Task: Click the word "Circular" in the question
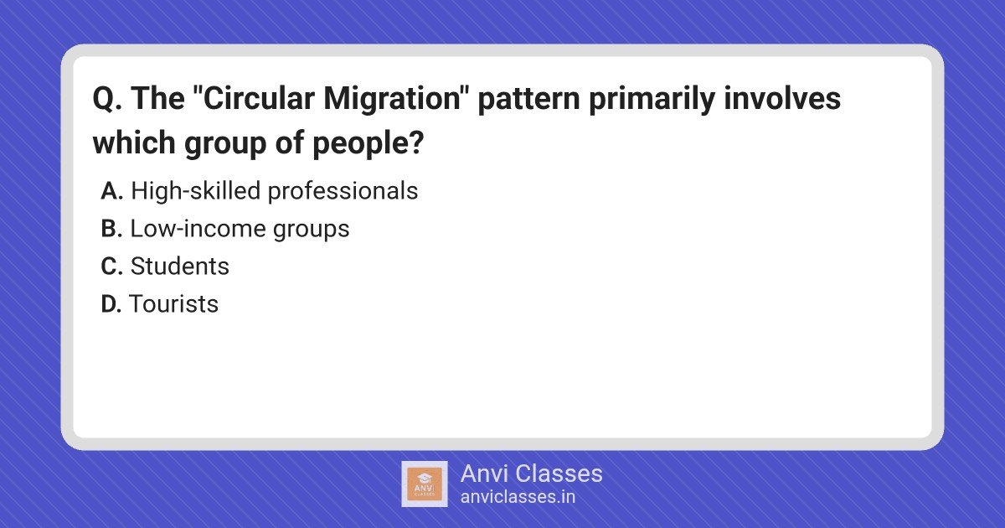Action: click(259, 98)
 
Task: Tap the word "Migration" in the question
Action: click(392, 99)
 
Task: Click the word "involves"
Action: click(782, 98)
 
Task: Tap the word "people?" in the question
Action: click(368, 143)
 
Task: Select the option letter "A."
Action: click(111, 191)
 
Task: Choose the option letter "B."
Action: click(111, 229)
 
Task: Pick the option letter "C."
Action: click(111, 267)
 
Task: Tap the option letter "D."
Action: click(111, 304)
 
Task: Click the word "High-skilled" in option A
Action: click(196, 191)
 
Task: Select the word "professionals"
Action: click(343, 191)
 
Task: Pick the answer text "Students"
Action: click(179, 267)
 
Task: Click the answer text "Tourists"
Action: click(173, 304)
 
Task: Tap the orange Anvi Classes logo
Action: click(425, 484)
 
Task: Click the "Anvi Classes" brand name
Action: click(531, 474)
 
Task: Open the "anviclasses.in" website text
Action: click(518, 497)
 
